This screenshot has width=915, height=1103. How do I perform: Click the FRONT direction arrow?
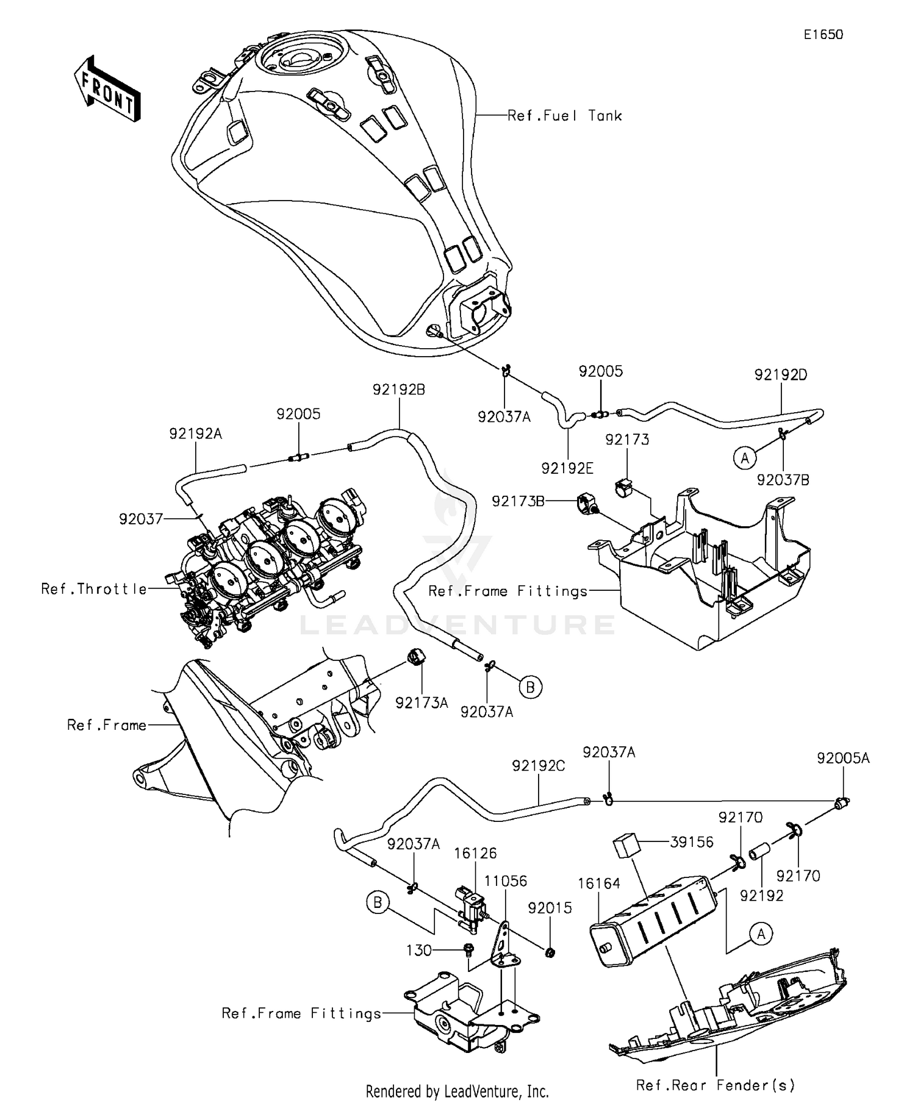click(107, 90)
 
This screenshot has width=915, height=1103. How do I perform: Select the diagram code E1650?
click(823, 35)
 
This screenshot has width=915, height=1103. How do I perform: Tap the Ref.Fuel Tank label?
click(564, 116)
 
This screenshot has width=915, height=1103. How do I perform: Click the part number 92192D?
click(780, 375)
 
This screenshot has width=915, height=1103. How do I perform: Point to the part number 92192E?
click(567, 468)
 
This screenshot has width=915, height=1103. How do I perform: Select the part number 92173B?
click(518, 501)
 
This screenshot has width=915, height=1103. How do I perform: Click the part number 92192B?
click(398, 390)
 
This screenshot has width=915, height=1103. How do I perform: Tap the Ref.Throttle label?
click(94, 589)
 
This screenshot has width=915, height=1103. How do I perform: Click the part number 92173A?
click(421, 703)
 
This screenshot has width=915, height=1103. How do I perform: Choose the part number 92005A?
click(843, 758)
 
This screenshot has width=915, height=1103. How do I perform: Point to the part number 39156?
click(691, 842)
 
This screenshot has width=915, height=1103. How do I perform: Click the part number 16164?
click(600, 883)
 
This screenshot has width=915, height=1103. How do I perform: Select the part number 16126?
click(475, 853)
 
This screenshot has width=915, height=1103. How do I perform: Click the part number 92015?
click(550, 908)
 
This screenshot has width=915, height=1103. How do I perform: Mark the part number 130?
click(418, 951)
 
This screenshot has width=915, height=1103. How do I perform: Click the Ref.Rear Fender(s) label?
click(715, 1085)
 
